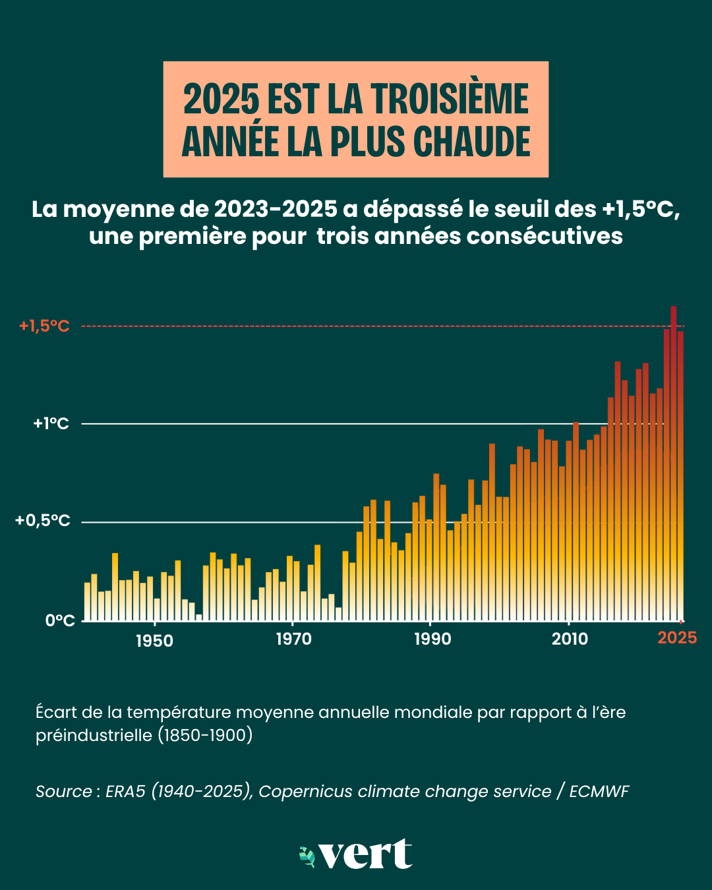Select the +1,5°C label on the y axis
44,326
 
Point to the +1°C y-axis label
51,423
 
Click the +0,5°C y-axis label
43,521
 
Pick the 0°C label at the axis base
60,620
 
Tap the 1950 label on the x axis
154,640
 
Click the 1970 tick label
293,639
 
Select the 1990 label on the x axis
432,639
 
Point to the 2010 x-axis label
570,639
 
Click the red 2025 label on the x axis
677,638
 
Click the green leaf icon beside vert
307,856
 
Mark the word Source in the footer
64,791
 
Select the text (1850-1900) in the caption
205,735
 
